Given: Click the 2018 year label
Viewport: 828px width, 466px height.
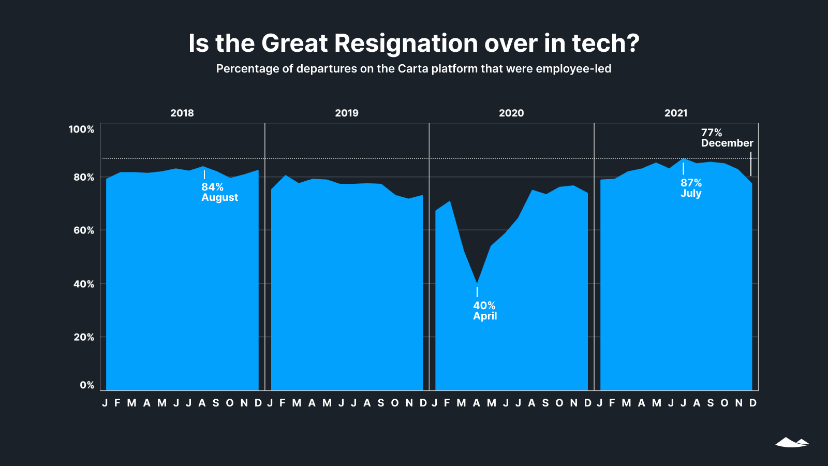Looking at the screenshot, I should click(x=182, y=113).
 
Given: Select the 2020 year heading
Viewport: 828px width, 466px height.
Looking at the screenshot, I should click(x=511, y=113).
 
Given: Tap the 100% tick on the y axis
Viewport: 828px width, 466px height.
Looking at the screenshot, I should click(x=81, y=129).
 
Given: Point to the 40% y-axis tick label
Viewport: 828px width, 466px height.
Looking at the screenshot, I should click(x=84, y=284).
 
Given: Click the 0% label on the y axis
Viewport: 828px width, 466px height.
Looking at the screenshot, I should click(x=87, y=385).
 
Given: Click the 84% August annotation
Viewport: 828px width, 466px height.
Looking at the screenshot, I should click(x=219, y=192).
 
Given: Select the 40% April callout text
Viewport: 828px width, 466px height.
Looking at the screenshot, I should click(x=485, y=311).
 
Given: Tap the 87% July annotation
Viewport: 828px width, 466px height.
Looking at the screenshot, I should click(x=691, y=188).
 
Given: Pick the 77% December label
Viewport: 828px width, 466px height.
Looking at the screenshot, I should click(x=727, y=138).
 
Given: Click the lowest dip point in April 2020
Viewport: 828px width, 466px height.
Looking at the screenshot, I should click(x=477, y=283).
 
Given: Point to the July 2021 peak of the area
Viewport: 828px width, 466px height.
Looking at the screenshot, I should click(x=684, y=159).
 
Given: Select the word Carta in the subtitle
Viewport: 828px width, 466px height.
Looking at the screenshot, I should click(x=413, y=69).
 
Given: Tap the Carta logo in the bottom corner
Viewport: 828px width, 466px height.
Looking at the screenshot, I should click(x=792, y=442).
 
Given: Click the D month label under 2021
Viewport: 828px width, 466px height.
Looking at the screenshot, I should click(x=753, y=403).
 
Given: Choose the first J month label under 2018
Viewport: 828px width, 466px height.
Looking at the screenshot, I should click(x=105, y=403).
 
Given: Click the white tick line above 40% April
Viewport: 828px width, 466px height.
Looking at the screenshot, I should click(x=477, y=292).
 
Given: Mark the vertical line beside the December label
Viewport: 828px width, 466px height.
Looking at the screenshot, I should click(x=751, y=164).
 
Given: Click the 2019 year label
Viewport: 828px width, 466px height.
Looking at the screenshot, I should click(x=347, y=113).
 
